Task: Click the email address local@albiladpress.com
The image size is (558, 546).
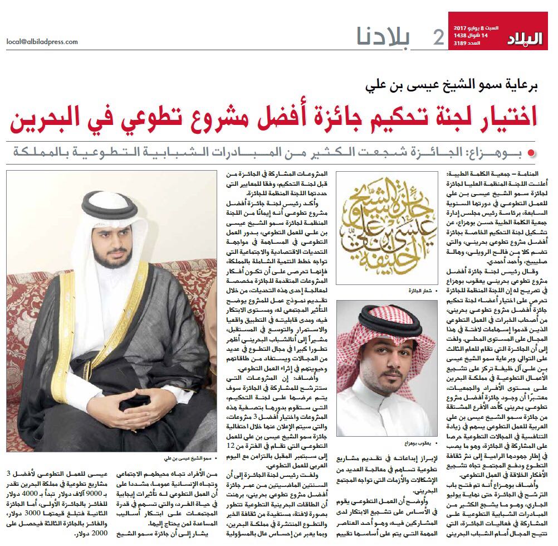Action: tap(42, 41)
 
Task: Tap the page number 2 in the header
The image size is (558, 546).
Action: tap(438, 37)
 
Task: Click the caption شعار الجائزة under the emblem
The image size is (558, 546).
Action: tap(419, 291)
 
